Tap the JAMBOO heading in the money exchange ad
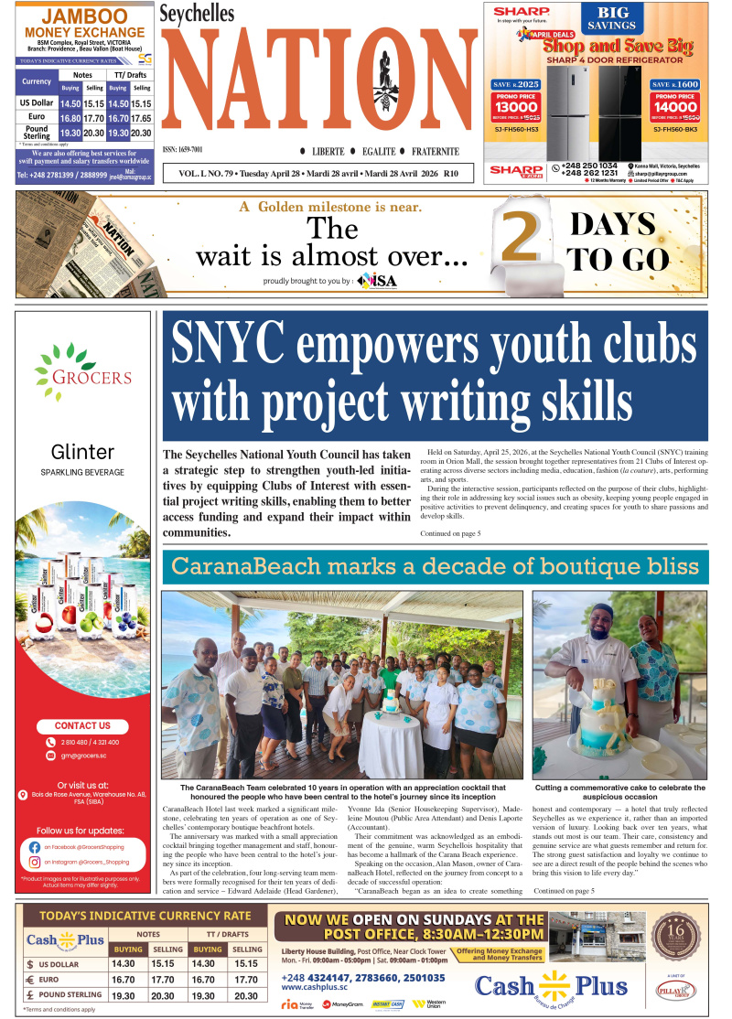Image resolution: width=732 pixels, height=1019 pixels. (84, 16)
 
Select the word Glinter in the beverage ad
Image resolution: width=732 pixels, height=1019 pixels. (83, 452)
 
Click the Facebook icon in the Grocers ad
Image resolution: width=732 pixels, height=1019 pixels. (35, 847)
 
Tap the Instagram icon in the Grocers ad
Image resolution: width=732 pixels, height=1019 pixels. (35, 863)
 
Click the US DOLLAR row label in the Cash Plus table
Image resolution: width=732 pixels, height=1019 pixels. (63, 963)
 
